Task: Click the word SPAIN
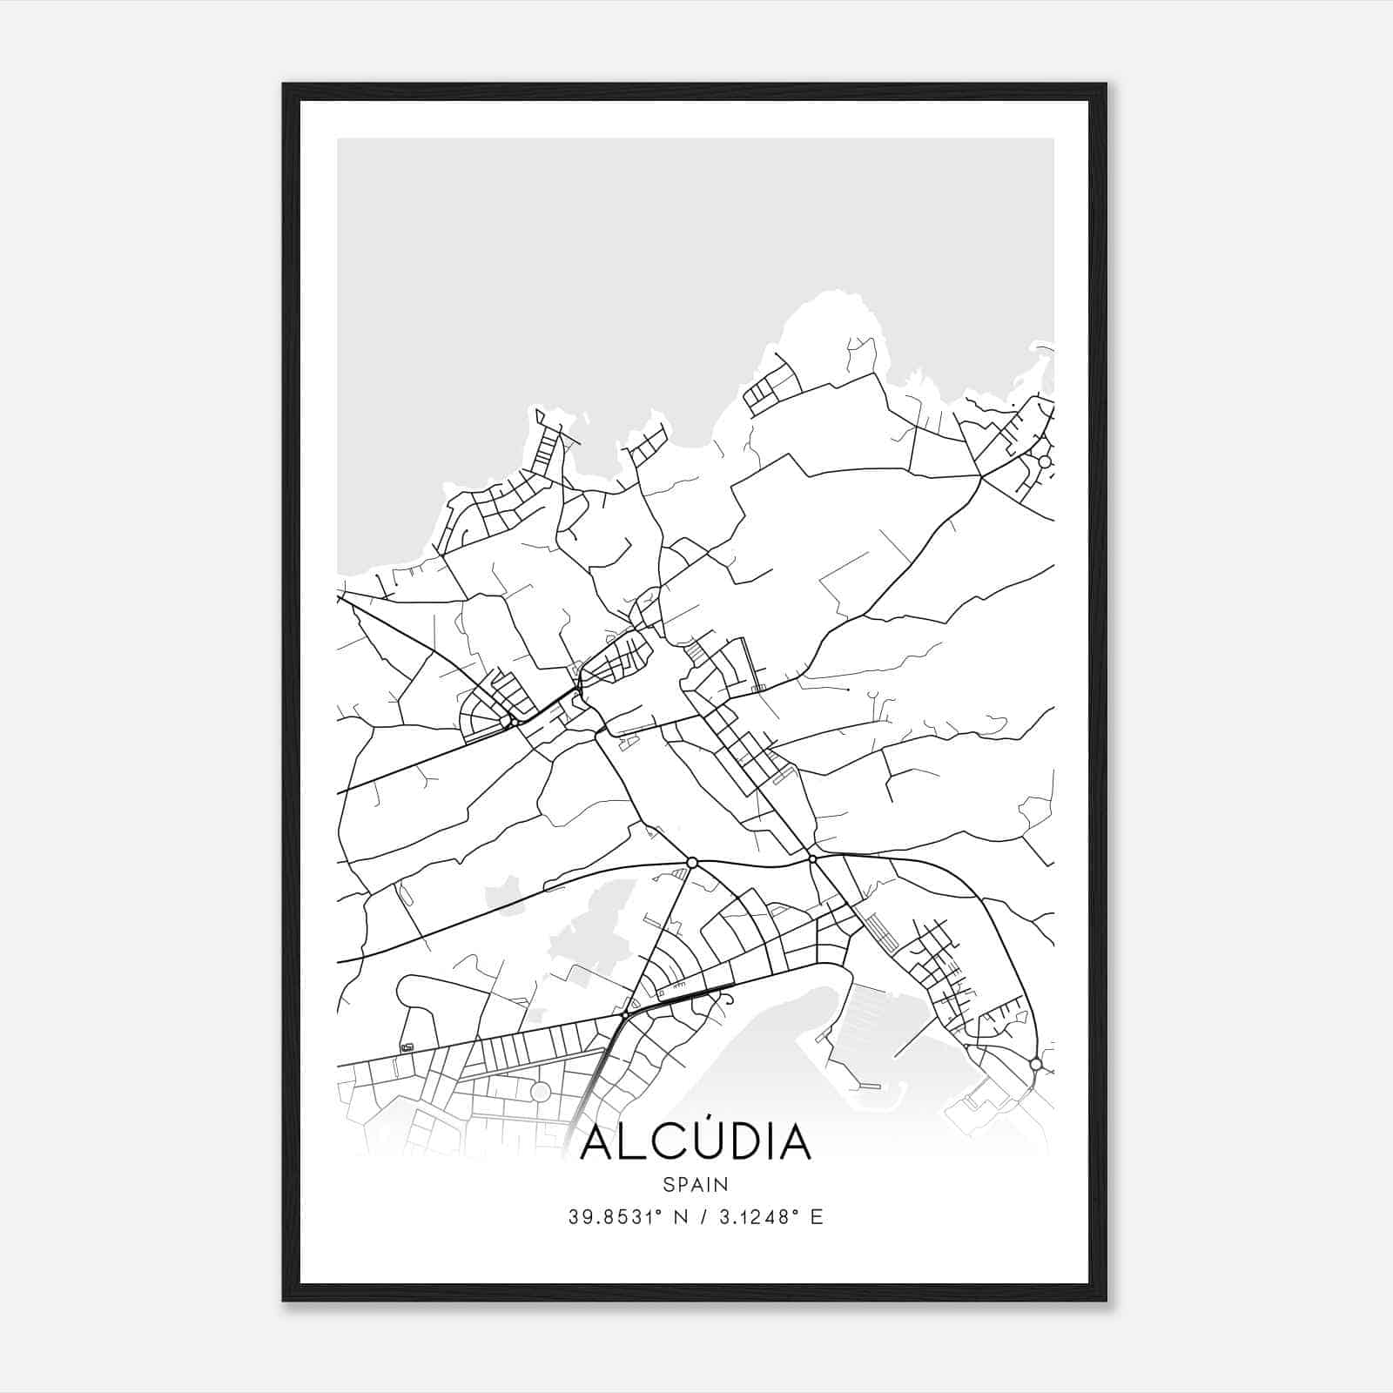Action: [696, 1184]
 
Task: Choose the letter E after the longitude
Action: [816, 1217]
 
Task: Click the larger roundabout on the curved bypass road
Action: [692, 862]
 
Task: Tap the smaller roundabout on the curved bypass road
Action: [812, 858]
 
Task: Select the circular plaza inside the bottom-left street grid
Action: [541, 1092]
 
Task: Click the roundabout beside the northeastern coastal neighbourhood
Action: [1045, 461]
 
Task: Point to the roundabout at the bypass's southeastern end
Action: [1034, 1064]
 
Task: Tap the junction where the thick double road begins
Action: [625, 1015]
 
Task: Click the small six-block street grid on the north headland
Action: [772, 388]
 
